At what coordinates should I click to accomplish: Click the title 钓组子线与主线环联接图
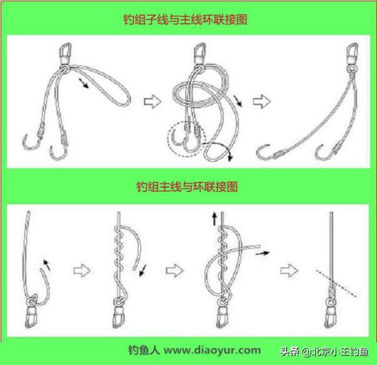(185, 19)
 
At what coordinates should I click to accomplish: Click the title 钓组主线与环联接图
(187, 186)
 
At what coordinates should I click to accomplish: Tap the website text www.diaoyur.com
(212, 350)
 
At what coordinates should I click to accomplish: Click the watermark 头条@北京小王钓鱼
(325, 352)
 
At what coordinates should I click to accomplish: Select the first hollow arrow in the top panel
(153, 102)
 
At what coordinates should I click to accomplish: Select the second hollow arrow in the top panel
(262, 101)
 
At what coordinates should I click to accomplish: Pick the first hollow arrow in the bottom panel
(82, 271)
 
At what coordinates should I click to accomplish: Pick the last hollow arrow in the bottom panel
(289, 271)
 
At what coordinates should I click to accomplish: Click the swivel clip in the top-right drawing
(352, 53)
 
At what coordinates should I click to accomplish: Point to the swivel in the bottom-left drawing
(31, 312)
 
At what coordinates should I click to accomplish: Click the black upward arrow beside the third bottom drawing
(214, 219)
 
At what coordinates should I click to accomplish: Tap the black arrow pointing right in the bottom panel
(262, 253)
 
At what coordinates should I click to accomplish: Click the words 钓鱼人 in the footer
(144, 350)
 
